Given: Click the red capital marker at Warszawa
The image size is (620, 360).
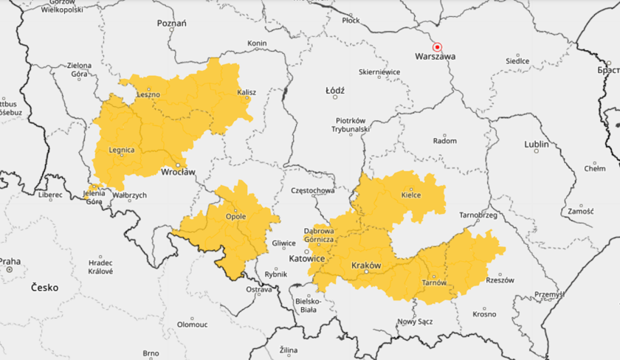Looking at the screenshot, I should click(436, 46).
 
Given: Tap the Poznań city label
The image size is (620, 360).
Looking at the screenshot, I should click(172, 24).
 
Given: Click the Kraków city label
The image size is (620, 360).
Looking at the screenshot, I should click(366, 265).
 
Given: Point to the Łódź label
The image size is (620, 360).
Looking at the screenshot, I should click(335, 91).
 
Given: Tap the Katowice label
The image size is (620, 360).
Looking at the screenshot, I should click(307, 259).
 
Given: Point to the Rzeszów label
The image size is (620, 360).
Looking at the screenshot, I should click(500, 280).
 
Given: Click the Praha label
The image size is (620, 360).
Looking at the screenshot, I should click(10, 261).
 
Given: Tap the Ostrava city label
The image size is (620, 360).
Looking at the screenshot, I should click(259, 290).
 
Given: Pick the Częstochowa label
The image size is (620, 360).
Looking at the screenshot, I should click(314, 190).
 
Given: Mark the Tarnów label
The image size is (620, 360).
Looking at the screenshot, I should click(434, 282).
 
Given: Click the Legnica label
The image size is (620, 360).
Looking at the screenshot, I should click(121, 150).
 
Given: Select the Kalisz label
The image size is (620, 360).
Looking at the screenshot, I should click(246, 93).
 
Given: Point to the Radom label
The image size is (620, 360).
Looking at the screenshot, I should click(444, 140).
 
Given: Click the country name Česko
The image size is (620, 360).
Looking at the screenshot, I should click(46, 288).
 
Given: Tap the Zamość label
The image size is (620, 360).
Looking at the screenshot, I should click(581, 211).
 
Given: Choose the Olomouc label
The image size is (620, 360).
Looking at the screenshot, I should click(192, 324).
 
